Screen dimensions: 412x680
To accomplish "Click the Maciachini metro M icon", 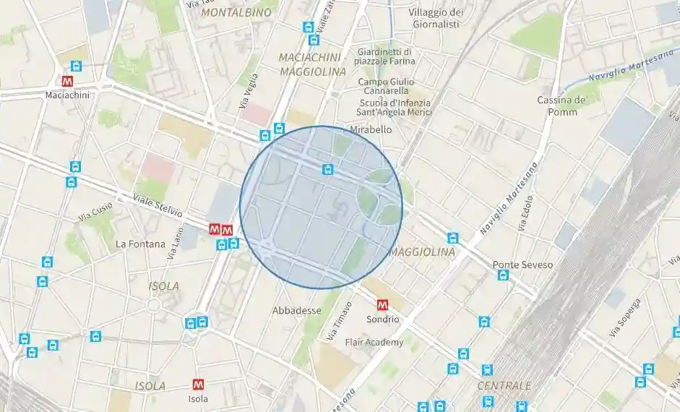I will [x=68, y=82].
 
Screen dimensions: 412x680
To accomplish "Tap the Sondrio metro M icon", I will [x=383, y=305].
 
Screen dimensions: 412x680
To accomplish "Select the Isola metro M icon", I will [x=198, y=385].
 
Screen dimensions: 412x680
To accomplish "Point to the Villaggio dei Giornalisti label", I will [x=435, y=18].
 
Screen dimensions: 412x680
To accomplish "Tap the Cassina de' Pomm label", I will [x=561, y=106].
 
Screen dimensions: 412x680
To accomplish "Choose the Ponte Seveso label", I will [x=522, y=265].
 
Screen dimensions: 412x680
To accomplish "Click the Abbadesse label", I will [x=296, y=310].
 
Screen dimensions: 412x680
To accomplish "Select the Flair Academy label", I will [x=374, y=342].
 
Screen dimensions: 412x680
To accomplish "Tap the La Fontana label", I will [x=140, y=244].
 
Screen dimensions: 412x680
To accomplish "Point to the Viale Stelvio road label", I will [x=158, y=207].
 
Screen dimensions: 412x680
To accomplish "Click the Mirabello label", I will [x=371, y=129].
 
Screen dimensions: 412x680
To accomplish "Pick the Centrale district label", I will [x=504, y=385].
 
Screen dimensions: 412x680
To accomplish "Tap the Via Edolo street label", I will [x=525, y=213].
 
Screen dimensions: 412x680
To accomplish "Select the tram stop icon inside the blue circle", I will [x=328, y=169].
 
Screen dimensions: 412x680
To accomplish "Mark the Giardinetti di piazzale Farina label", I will [x=384, y=56].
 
